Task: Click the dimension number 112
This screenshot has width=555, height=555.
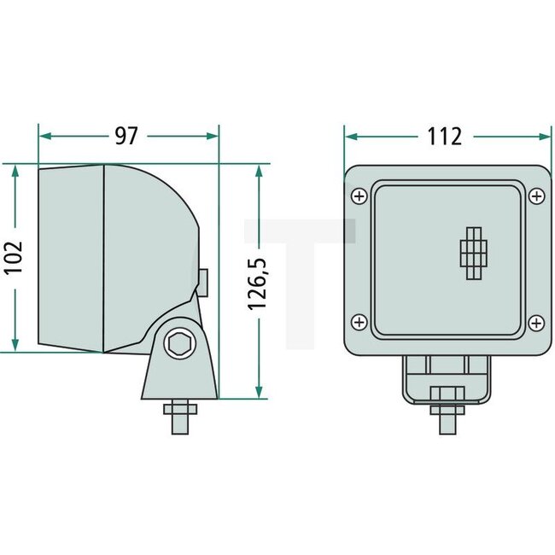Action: (x=445, y=136)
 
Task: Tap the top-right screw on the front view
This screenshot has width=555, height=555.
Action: (x=535, y=197)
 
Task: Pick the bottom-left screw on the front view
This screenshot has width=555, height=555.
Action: (x=359, y=322)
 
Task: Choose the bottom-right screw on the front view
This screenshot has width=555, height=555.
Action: (x=535, y=322)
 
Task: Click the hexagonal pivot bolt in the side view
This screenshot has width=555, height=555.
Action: (x=180, y=343)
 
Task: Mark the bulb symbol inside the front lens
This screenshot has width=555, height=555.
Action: (x=473, y=254)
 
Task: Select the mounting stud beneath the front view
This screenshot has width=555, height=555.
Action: (x=447, y=410)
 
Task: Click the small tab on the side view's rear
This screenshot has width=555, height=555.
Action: (x=204, y=280)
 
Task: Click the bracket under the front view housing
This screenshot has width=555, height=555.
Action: (x=447, y=377)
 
